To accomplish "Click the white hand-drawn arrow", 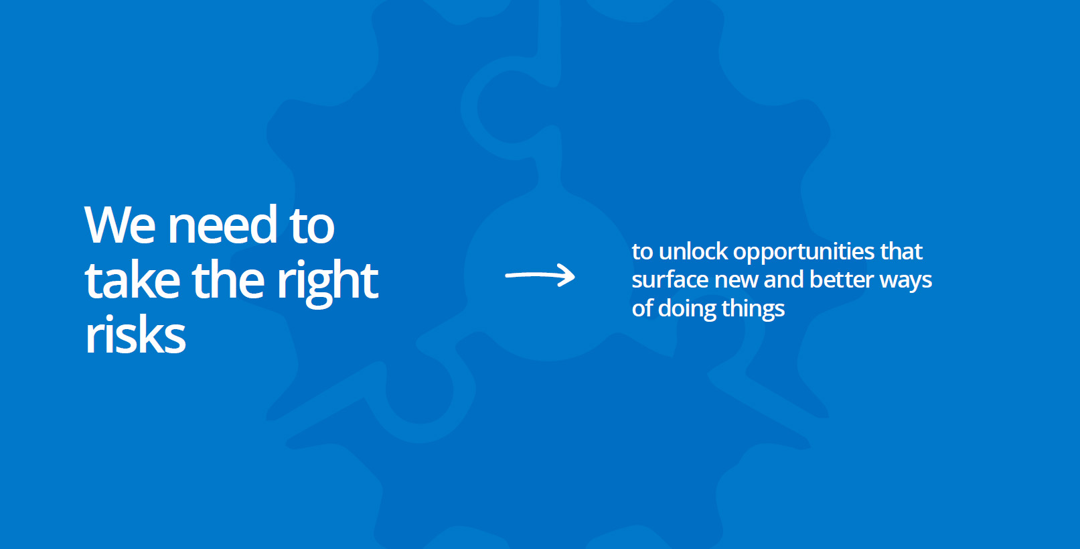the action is tap(540, 276).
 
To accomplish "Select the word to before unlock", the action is tap(643, 251).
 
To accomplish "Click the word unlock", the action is tap(693, 251).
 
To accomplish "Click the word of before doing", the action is tap(642, 308).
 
